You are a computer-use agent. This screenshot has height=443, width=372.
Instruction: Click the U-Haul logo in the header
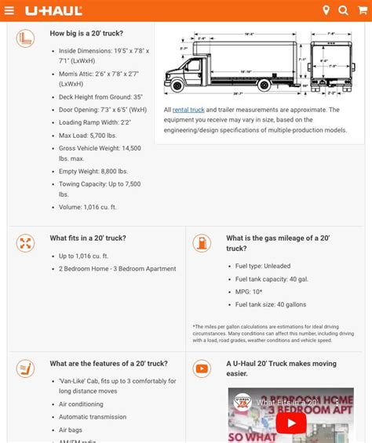point(53,11)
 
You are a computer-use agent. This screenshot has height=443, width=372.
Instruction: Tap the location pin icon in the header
point(326,11)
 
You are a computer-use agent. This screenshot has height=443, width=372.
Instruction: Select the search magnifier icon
point(344,11)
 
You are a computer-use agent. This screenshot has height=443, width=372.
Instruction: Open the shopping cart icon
point(362,11)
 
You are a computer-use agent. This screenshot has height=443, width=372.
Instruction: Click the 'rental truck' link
point(188,110)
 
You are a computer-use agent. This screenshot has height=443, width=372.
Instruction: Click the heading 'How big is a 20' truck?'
point(86,34)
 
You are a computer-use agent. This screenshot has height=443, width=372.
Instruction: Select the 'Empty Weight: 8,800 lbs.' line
point(93,171)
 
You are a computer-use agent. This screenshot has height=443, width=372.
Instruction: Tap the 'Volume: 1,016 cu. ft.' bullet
point(87,207)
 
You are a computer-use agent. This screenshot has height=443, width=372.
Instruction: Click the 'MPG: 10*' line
point(249,292)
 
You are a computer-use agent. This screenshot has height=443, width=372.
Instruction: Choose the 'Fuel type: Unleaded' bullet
point(262,266)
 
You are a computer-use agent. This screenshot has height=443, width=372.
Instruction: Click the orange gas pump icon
point(202,243)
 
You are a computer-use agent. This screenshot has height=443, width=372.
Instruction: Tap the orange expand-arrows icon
point(25,243)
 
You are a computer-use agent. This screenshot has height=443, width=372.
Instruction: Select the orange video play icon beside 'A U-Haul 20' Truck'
point(202,369)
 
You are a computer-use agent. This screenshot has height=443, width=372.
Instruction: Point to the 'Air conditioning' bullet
point(81,404)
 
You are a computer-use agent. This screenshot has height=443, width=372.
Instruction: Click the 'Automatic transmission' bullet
point(92,417)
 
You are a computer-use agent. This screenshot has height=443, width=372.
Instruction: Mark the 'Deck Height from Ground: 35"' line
point(100,97)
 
